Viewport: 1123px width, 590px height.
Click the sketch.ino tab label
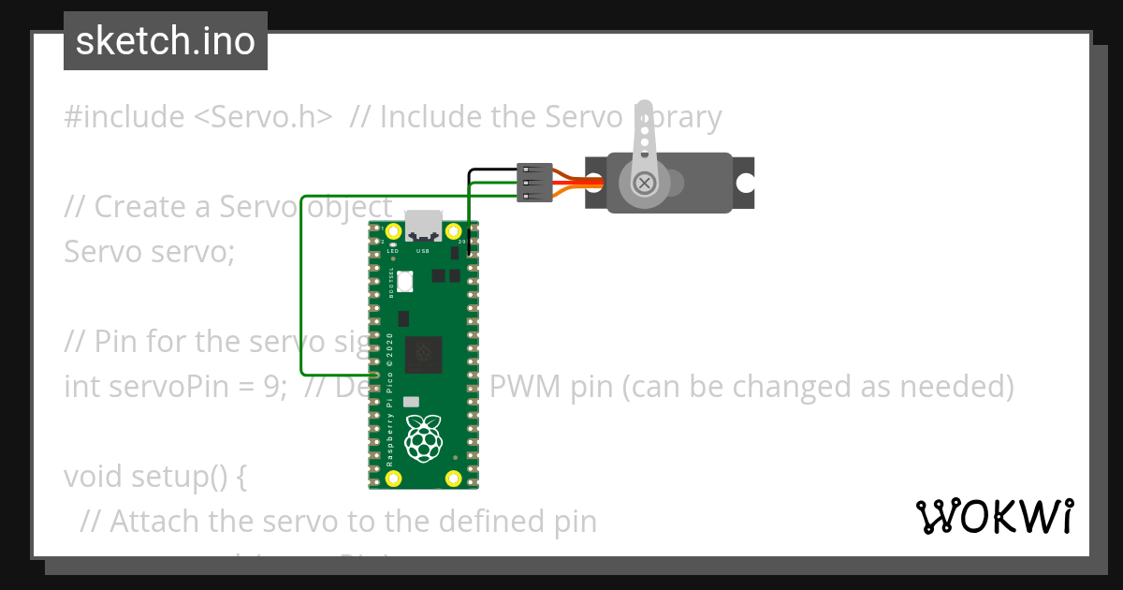(166, 41)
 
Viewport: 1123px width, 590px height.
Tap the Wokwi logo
(994, 516)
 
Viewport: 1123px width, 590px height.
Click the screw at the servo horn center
(644, 183)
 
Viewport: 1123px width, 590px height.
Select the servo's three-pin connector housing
(534, 182)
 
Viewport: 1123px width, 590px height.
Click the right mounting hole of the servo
(745, 182)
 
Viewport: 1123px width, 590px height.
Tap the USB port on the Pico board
(423, 227)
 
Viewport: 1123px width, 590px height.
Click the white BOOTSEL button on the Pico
(404, 280)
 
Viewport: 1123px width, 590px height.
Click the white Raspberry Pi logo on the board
(424, 436)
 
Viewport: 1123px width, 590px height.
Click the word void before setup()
(92, 477)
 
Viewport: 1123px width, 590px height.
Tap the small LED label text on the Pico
(394, 251)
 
